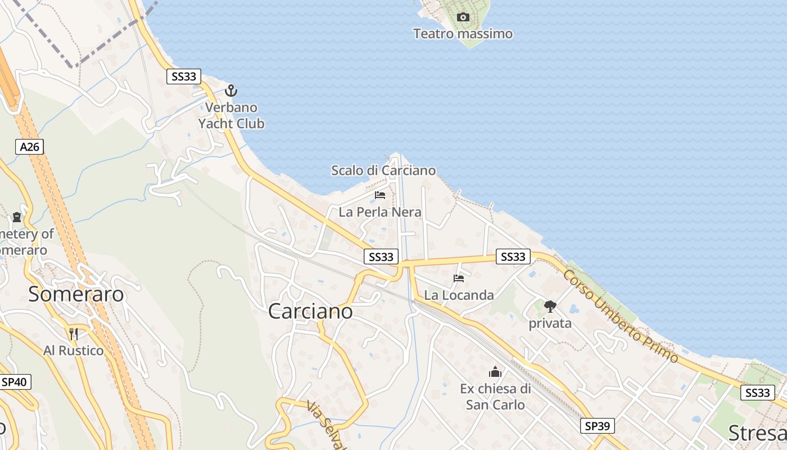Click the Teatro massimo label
click(463, 34)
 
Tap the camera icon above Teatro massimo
click(463, 17)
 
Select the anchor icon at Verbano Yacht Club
click(231, 91)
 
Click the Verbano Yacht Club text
click(231, 115)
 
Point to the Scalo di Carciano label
click(383, 170)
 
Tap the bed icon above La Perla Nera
click(380, 195)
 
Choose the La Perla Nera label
click(380, 212)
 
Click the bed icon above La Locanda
click(459, 278)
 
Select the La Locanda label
click(459, 295)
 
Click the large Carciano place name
click(310, 311)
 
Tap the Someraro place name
click(76, 294)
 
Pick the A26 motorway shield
click(29, 147)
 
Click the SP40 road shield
click(14, 382)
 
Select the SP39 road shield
click(597, 426)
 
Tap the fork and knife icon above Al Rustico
click(73, 334)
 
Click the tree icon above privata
click(550, 307)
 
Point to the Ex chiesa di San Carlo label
click(495, 397)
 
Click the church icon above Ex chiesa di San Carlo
click(495, 372)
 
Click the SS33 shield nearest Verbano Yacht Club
click(184, 76)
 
